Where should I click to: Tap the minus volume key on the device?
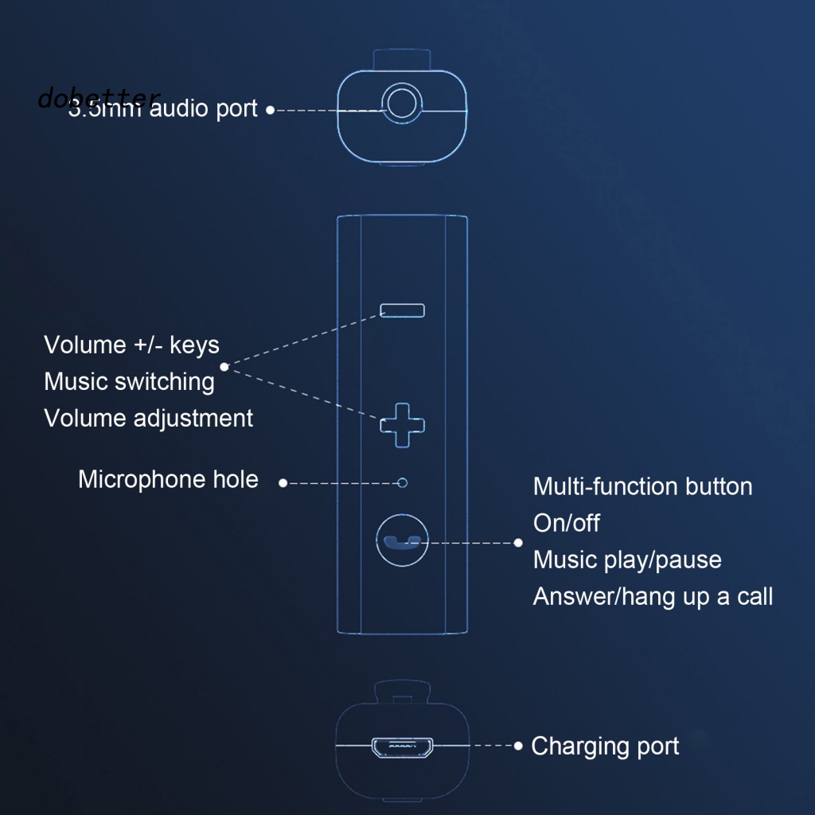[403, 310]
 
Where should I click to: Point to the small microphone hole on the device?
[403, 482]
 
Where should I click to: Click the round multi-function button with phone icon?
[402, 541]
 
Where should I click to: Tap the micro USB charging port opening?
[402, 747]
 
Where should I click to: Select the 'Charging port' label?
[605, 747]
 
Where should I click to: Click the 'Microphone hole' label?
[168, 479]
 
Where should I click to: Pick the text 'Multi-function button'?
[642, 486]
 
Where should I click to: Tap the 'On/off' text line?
[566, 523]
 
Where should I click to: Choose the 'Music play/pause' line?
[627, 560]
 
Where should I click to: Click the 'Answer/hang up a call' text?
[653, 596]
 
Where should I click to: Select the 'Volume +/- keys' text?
[131, 345]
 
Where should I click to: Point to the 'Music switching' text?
[129, 381]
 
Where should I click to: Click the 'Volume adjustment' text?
[148, 418]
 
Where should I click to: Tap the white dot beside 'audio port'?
[271, 110]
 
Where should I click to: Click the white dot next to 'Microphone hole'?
[283, 482]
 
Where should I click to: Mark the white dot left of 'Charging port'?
[518, 746]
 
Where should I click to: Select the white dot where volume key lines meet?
[224, 367]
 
